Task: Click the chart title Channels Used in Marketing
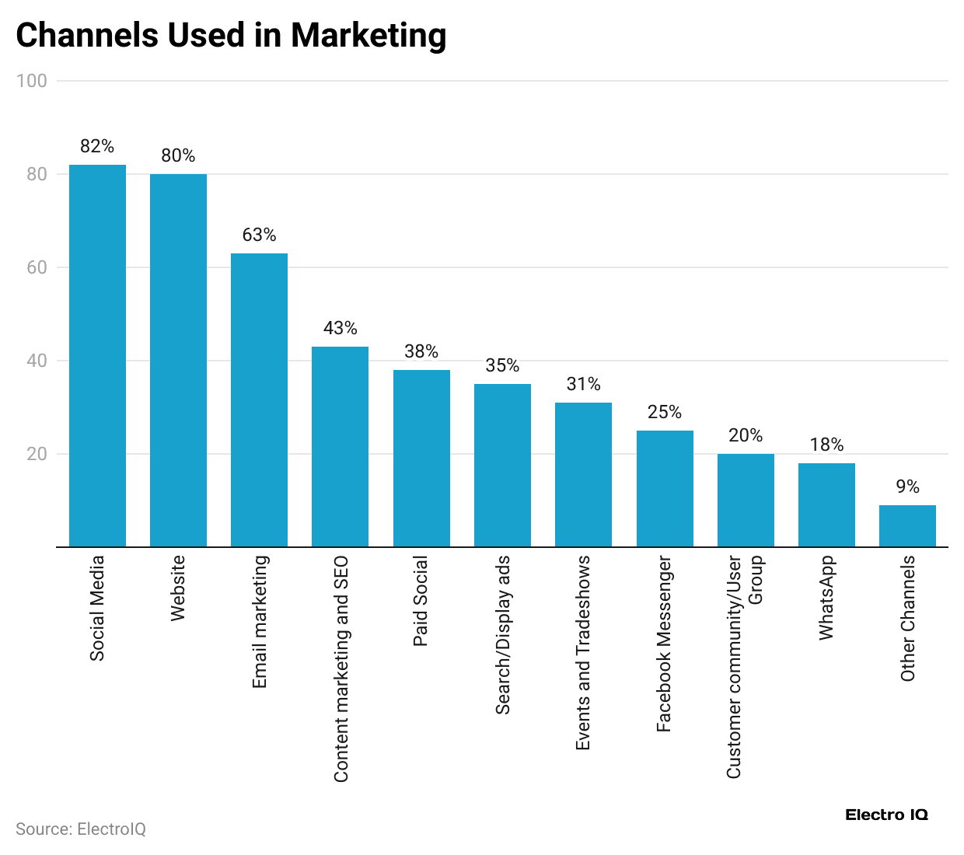point(231,36)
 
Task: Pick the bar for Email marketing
point(259,400)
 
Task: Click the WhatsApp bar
point(826,504)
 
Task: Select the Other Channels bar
point(907,525)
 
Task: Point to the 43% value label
point(340,328)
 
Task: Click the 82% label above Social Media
point(97,146)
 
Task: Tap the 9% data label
point(907,487)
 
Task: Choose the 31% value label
point(583,384)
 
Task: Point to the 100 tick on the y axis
point(32,81)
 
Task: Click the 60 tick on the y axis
point(37,267)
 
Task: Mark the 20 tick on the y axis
point(37,454)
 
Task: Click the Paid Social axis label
point(421,602)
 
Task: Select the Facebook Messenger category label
point(663,644)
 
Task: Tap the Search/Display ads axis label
point(503,634)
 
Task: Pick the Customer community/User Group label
point(744,667)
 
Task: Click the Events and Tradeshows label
point(583,653)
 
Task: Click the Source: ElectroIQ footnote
point(81,829)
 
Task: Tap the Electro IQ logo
point(886,815)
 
